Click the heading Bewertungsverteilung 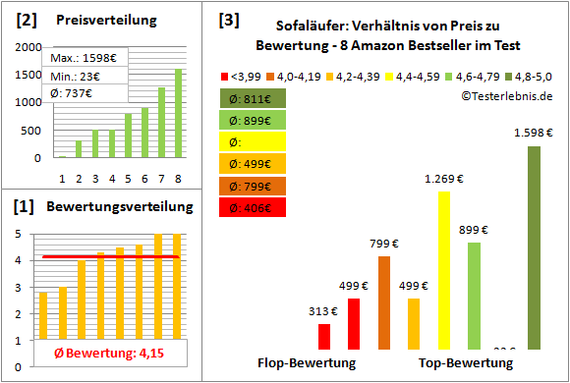[111, 207]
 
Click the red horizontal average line [109, 257]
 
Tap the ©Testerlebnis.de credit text [506, 95]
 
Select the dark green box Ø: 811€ [254, 99]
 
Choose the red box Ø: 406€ [254, 207]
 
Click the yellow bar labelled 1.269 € [443, 270]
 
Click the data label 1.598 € [533, 132]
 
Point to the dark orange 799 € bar [383, 302]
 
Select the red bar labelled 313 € [323, 336]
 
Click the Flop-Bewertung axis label [307, 363]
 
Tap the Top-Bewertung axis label [466, 363]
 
